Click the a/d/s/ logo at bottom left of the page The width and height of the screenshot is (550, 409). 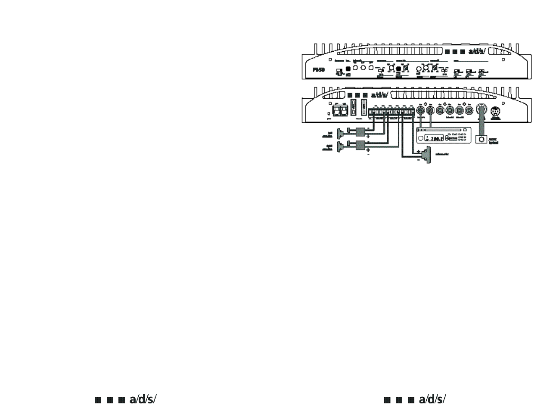125,400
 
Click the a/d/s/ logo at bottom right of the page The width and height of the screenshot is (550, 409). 415,400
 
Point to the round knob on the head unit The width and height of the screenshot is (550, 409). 420,138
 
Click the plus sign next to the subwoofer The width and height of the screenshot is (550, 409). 418,151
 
